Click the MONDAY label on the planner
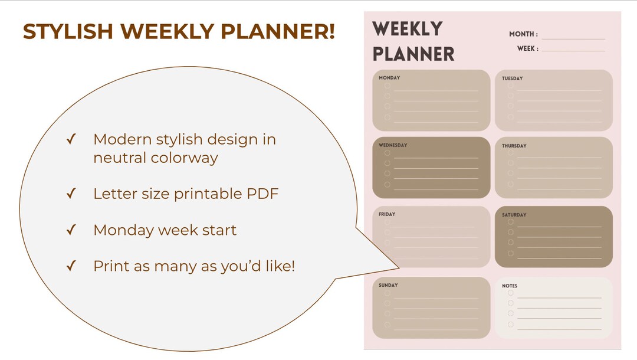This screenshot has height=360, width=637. pos(389,78)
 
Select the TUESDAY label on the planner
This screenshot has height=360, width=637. pos(512,78)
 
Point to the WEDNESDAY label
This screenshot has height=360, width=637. pos(393,145)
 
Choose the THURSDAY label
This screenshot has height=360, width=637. pos(514,146)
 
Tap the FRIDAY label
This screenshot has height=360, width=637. pos(387,214)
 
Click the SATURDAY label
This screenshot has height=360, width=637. pos(514,215)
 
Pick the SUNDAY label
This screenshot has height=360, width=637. pos(388,285)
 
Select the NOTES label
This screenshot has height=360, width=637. pos(510,286)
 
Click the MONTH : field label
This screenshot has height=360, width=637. pos(523,34)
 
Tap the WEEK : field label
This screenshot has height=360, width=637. pos(527,48)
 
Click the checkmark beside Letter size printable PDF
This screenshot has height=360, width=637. pos(71,194)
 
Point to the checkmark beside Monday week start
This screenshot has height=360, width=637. pos(71,230)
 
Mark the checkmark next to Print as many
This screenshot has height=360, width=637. pos(71,266)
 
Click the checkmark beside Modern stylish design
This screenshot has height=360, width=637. pos(71,140)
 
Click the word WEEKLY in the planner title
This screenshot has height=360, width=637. pos(408,28)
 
